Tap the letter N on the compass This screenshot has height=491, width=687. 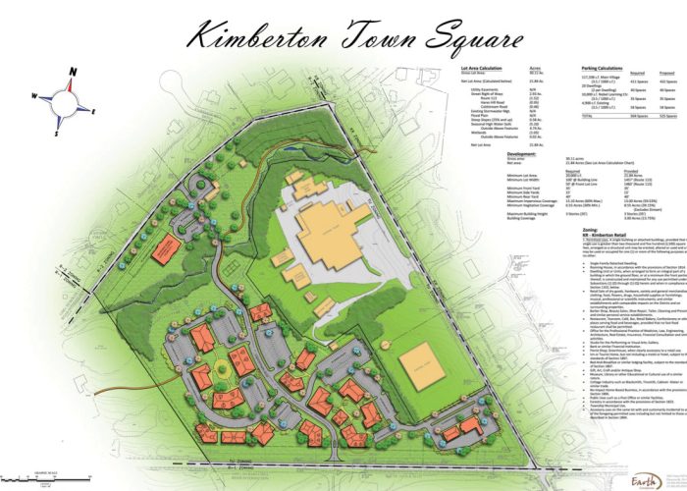pos(72,73)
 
